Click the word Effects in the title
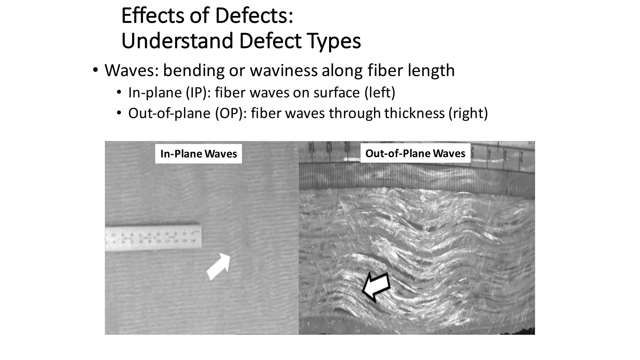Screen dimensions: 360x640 (x=152, y=16)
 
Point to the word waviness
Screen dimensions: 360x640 (x=283, y=70)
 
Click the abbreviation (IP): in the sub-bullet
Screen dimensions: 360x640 (x=198, y=93)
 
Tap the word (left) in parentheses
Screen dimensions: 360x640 (x=380, y=93)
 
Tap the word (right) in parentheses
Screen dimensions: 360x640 (x=468, y=113)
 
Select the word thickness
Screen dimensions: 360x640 (x=414, y=113)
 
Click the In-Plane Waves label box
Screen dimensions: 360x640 (x=198, y=154)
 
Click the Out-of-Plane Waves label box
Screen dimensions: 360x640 (x=415, y=153)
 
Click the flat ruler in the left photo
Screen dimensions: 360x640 (x=153, y=238)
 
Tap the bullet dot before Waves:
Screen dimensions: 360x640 (x=95, y=70)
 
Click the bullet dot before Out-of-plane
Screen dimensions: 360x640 (x=119, y=113)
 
